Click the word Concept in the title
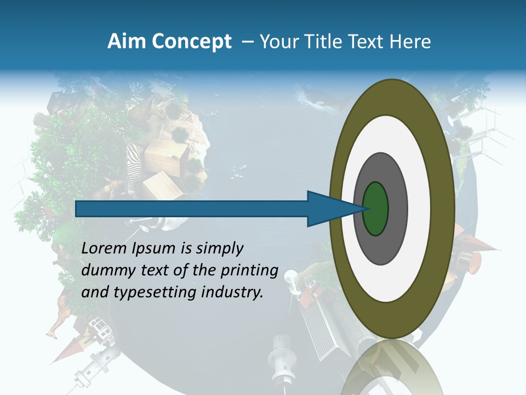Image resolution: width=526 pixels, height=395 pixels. [x=192, y=42]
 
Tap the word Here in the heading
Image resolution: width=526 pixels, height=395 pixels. [x=410, y=42]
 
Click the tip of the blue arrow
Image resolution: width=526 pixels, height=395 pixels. [x=365, y=208]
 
